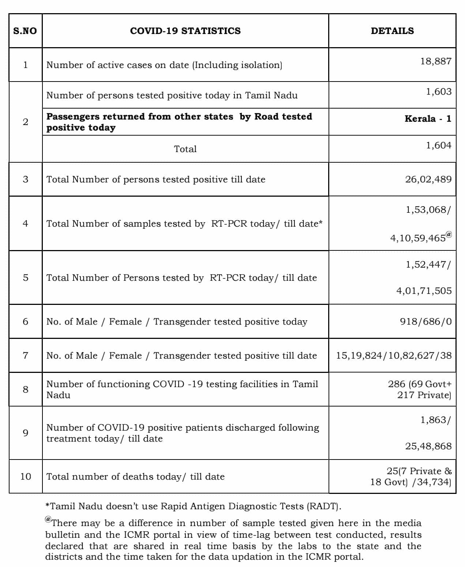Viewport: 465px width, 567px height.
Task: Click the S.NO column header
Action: [x=25, y=31]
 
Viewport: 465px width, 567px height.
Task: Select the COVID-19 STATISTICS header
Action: [x=185, y=31]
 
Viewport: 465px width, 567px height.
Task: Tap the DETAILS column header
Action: [x=392, y=31]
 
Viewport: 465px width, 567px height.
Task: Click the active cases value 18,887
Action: [x=436, y=61]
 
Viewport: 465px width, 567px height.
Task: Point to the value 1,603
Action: [x=438, y=91]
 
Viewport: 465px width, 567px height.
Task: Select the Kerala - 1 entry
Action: [x=428, y=118]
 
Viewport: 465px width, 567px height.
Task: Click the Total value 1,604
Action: [x=438, y=145]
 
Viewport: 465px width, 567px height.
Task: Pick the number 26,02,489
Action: [x=428, y=179]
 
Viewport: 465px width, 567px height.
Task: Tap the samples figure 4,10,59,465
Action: [x=418, y=238]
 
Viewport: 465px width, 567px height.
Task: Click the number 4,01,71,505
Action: [x=424, y=291]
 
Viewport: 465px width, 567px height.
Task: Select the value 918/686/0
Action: [x=425, y=321]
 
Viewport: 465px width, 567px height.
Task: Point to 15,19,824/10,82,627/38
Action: [x=394, y=355]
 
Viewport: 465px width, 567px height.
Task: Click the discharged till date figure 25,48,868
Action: [x=428, y=446]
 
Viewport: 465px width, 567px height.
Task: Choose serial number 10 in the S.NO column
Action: [x=26, y=476]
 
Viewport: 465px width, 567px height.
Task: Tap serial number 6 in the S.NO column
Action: [x=25, y=321]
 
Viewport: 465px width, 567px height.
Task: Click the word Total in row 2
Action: [x=185, y=149]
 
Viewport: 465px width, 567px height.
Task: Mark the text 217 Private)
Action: [x=424, y=395]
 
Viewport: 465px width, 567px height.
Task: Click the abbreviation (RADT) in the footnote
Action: [x=324, y=506]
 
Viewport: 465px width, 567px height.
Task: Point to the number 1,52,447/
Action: [x=428, y=264]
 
